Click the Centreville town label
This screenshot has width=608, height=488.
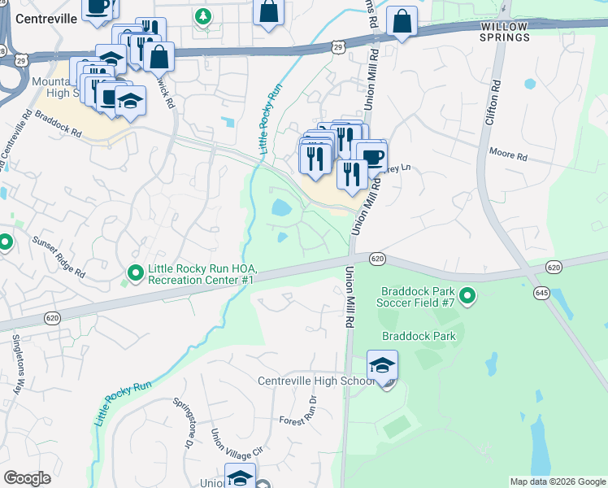(40, 18)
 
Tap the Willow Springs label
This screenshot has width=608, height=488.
(504, 32)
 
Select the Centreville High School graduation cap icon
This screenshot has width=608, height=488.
(382, 367)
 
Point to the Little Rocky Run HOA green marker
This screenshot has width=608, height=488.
(135, 273)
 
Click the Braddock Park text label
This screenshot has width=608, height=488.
(420, 336)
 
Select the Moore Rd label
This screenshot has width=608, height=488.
(508, 154)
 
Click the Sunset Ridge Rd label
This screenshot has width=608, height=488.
(59, 258)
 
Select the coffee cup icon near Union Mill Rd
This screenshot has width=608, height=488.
(371, 157)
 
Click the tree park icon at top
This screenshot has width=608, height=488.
(203, 15)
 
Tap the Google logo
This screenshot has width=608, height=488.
(27, 478)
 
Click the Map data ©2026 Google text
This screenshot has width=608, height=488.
(557, 481)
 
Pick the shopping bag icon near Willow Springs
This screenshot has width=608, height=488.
(402, 23)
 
